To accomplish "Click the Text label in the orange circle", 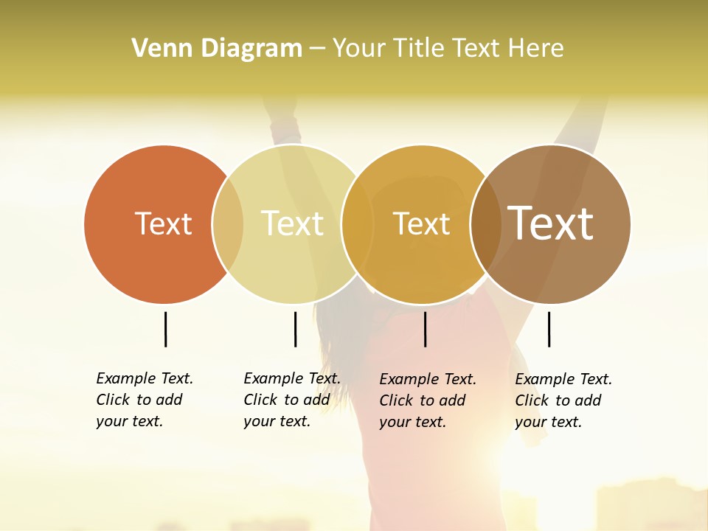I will coord(163,223).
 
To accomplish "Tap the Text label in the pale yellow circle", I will coord(293,223).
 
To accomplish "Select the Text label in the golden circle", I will coord(421,224).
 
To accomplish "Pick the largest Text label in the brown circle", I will coord(551,223).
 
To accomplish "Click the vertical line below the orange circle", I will coord(165,329).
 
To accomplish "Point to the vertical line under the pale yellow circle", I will coord(295,329).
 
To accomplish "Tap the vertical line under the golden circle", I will coord(425,329).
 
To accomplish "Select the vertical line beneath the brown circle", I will coord(549,329).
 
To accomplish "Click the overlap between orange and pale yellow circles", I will coord(228,224).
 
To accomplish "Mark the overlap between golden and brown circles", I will coord(486,224).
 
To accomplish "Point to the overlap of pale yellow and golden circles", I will coord(358,224).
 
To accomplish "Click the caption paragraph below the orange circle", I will coord(144,400).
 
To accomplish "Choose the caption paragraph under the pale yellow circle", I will coord(291,400).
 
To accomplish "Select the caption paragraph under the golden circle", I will coord(427,400).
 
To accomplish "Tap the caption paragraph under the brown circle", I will coord(563,400).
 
